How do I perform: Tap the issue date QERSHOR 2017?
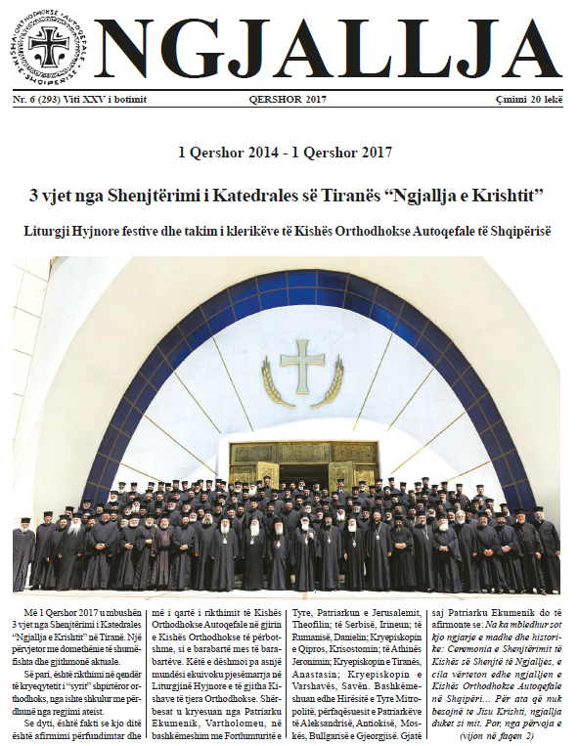click(x=289, y=100)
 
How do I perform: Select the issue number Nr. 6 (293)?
click(x=41, y=100)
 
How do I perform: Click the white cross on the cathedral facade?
click(x=305, y=366)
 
